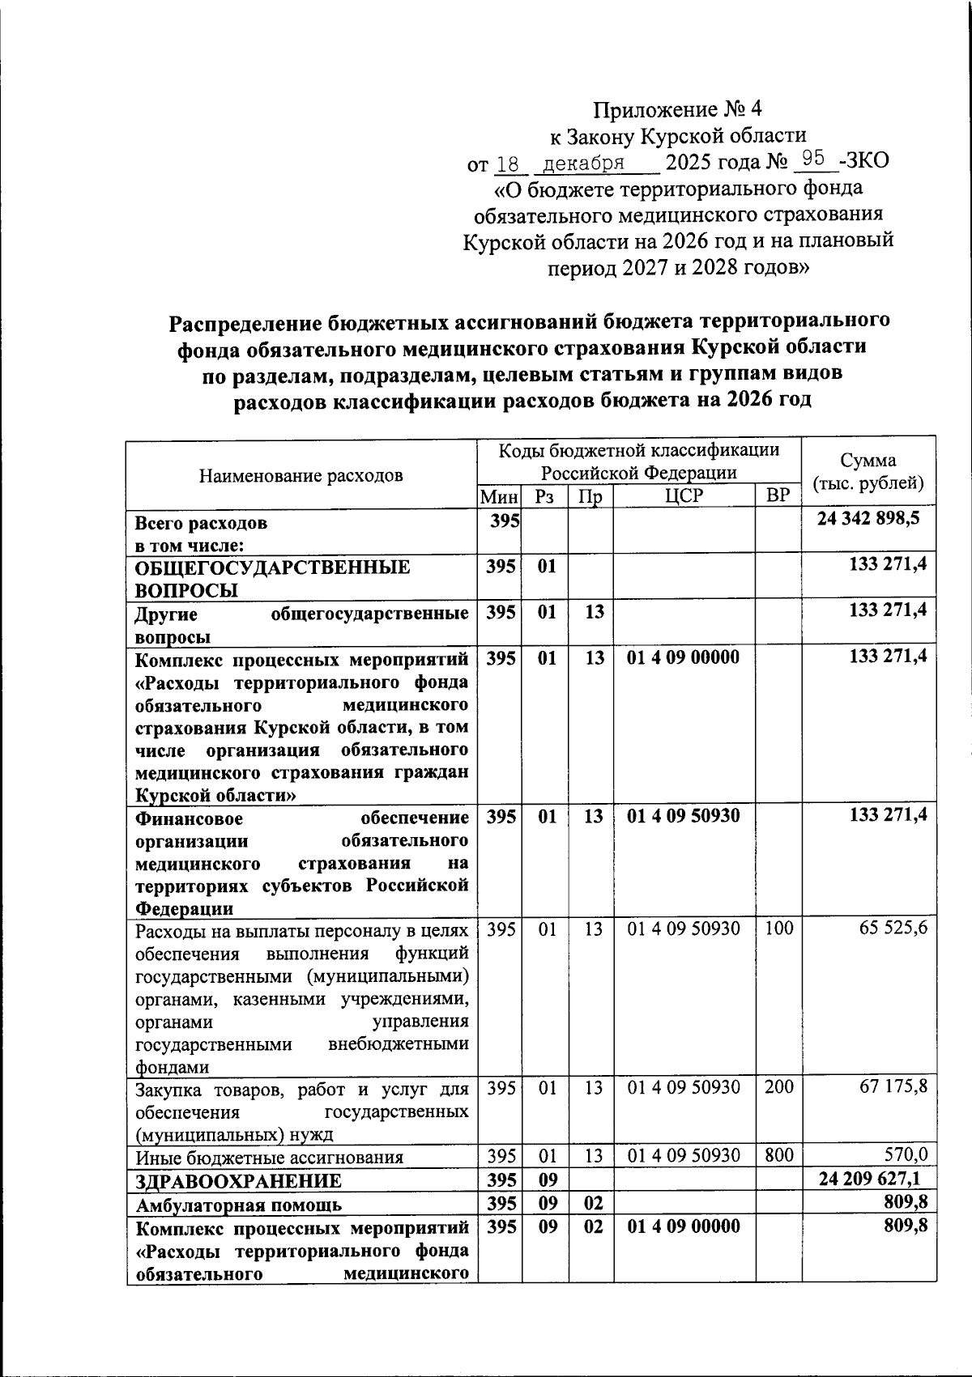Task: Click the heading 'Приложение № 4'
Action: [x=678, y=108]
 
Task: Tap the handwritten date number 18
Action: [x=508, y=164]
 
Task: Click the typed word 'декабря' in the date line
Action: [x=582, y=164]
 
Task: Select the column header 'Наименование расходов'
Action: [x=301, y=475]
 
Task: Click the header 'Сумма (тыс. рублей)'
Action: [x=868, y=472]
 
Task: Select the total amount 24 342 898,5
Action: [x=868, y=519]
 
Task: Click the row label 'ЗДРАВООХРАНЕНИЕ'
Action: [x=238, y=1180]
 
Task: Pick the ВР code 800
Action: [x=778, y=1156]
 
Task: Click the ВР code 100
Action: [x=778, y=929]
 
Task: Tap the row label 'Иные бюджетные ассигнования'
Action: [x=270, y=1157]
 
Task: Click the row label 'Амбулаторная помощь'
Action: [x=238, y=1204]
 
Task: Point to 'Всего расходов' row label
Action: [x=200, y=523]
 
